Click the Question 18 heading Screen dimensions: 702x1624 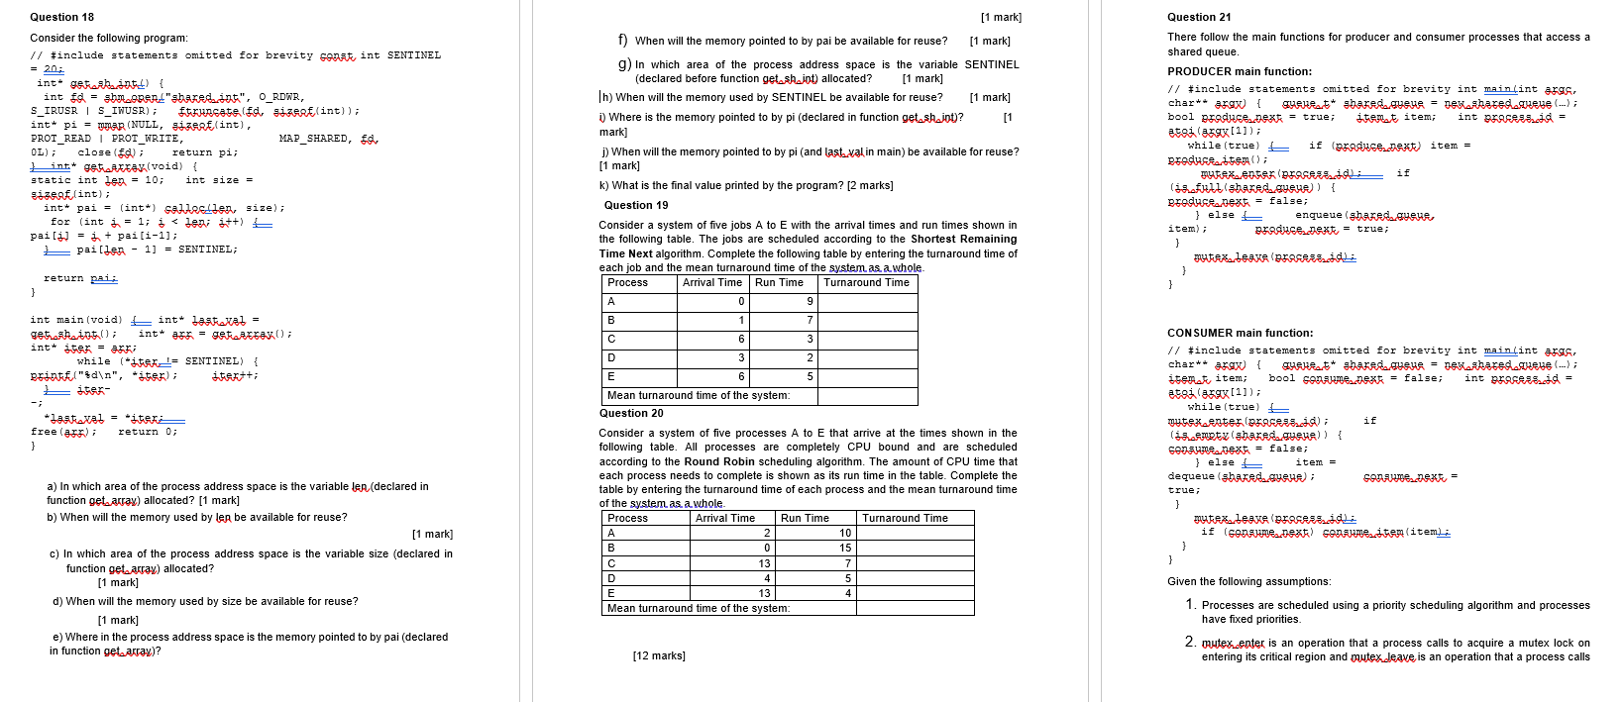[61, 17]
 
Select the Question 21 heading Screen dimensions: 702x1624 [1199, 17]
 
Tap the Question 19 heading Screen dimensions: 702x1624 [636, 205]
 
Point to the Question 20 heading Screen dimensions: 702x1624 [631, 413]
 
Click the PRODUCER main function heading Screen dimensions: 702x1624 [1239, 71]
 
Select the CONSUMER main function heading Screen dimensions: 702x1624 [1240, 333]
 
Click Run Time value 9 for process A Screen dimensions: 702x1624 [810, 302]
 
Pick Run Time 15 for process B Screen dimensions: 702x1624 [845, 548]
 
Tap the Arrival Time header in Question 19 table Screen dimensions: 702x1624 [711, 283]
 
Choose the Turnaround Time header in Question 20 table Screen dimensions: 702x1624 [905, 518]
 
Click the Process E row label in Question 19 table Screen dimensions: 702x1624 [611, 376]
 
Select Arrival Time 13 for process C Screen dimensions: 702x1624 [764, 563]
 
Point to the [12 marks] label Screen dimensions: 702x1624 [659, 655]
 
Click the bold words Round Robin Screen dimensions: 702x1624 [715, 461]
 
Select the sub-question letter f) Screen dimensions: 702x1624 [623, 41]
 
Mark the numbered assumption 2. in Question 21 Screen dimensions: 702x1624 [1190, 642]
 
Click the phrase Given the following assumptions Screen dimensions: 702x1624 [1248, 581]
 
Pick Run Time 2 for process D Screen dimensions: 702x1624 [810, 357]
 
